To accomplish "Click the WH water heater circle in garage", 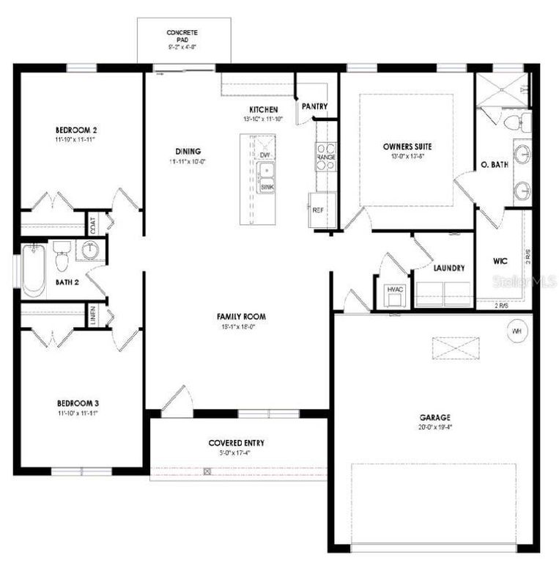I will point(516,331).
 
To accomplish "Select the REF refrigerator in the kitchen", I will point(319,209).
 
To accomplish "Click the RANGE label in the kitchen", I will point(325,157).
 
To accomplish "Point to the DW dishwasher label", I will point(264,156).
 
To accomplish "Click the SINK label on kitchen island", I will point(267,188).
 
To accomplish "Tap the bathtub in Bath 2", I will point(33,270).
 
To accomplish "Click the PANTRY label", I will point(314,106).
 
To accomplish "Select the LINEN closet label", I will point(93,316).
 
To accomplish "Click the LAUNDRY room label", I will point(448,268).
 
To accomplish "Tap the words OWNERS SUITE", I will point(407,146).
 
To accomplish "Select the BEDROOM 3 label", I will point(78,403).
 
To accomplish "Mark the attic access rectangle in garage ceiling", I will point(455,347).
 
